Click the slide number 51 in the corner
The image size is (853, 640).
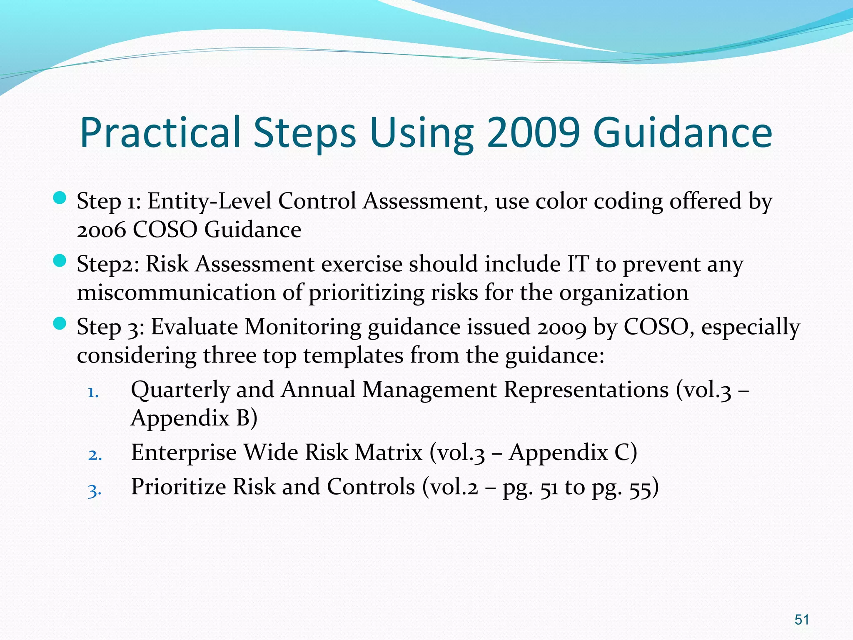coord(801,619)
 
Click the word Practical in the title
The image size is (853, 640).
coord(160,132)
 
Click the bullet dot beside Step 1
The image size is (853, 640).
coord(60,198)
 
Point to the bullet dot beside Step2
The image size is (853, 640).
coord(60,261)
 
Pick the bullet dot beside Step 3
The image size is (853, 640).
coord(60,324)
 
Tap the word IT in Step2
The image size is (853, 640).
coord(578,264)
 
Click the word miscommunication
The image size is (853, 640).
coord(176,292)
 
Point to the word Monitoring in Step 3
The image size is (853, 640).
coord(302,327)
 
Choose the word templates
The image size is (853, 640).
coord(353,356)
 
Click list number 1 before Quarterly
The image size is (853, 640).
coord(93,392)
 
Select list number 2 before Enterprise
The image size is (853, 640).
coord(95,455)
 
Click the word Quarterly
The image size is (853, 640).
coord(180,391)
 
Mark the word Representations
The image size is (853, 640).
coord(586,390)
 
